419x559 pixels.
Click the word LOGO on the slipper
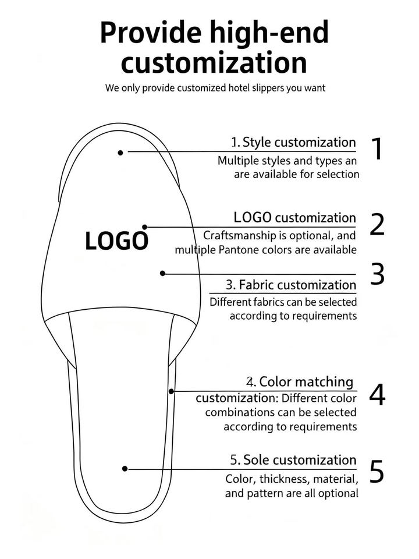[x=116, y=240]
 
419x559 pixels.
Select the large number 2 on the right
[x=377, y=225]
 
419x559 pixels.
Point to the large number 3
[x=378, y=274]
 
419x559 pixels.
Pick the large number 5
[x=377, y=472]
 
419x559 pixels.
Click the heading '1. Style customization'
[x=293, y=142]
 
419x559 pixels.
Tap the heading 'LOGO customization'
[x=294, y=218]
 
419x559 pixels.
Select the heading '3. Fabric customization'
[x=290, y=285]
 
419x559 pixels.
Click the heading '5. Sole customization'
[x=293, y=460]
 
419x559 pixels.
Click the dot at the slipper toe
[x=120, y=153]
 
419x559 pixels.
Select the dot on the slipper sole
[x=125, y=468]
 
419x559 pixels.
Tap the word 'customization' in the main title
[x=214, y=62]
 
